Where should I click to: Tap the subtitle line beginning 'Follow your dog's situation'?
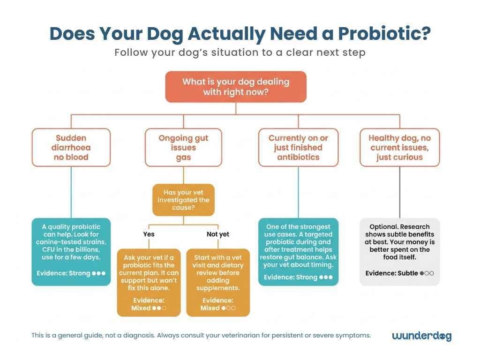240,52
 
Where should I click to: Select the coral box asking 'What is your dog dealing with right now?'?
236,87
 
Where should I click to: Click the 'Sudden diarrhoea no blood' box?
71,148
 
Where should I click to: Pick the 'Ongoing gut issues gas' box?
183,148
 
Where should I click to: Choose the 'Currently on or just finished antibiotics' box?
298,148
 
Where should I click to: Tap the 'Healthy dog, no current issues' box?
399,148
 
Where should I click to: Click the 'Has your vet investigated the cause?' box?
183,200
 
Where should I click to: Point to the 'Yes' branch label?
149,234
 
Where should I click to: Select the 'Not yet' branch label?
218,234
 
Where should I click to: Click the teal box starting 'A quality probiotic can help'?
71,252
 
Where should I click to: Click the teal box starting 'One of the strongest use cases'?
298,252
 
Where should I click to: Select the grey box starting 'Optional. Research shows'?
399,252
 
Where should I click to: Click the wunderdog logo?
421,336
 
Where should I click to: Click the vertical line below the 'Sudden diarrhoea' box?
71,192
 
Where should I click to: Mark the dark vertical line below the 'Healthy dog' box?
399,192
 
